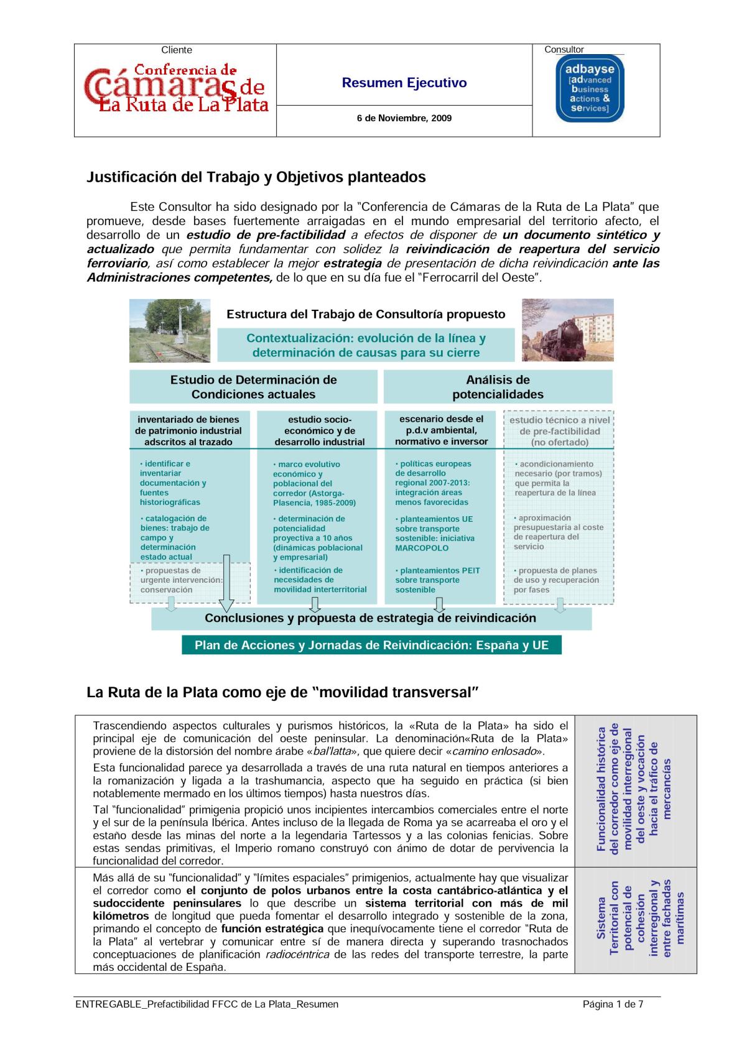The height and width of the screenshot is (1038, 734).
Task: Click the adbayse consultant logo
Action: tap(589, 88)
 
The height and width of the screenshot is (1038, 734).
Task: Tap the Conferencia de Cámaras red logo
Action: tap(175, 90)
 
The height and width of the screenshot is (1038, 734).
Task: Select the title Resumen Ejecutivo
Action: tap(404, 83)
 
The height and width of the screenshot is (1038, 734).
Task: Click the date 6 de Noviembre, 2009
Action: tap(404, 118)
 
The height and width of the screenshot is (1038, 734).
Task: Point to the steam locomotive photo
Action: tap(567, 330)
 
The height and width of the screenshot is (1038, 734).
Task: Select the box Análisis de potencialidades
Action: tap(498, 387)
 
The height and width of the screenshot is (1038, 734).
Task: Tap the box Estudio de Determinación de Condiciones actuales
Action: tap(253, 387)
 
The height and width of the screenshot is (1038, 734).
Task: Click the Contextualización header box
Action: tap(366, 346)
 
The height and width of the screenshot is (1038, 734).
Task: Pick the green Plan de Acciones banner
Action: tap(371, 645)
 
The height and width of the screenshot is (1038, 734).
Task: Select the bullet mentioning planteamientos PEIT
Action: tap(437, 580)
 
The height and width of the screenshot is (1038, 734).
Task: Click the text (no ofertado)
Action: tap(559, 442)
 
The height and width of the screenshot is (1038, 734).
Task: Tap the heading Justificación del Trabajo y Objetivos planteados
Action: tap(256, 177)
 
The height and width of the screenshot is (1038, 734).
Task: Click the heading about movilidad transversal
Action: tap(282, 692)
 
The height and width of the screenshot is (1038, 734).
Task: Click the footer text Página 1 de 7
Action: tap(613, 1004)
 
